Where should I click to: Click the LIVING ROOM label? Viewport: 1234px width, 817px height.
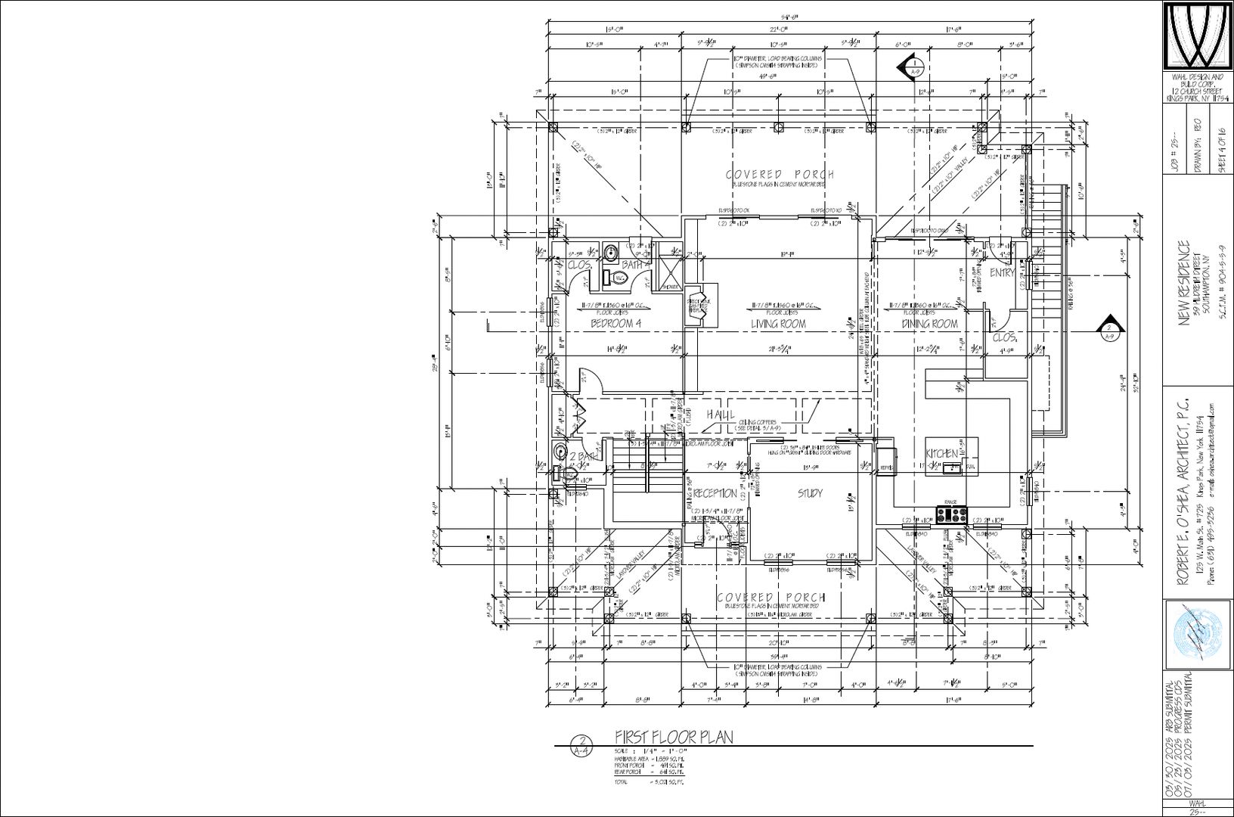(x=778, y=324)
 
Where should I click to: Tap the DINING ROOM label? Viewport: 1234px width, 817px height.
(x=929, y=324)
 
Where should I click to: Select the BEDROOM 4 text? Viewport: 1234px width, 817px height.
(x=615, y=324)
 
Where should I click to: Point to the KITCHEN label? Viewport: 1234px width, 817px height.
(x=943, y=453)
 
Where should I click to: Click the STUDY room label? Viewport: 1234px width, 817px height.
(x=810, y=494)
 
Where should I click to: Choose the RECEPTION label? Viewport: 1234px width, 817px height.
(x=715, y=494)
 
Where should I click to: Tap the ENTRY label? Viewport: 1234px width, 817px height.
(x=1002, y=272)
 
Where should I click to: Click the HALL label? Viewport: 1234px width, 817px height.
(x=721, y=415)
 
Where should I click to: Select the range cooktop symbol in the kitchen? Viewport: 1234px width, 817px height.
(x=952, y=516)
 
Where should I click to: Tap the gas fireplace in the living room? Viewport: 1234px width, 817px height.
(x=696, y=305)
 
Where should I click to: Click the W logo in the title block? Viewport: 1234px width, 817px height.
(x=1197, y=35)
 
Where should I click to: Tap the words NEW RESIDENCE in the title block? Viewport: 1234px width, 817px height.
(x=1184, y=284)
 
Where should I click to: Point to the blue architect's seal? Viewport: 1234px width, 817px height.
(x=1198, y=633)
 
